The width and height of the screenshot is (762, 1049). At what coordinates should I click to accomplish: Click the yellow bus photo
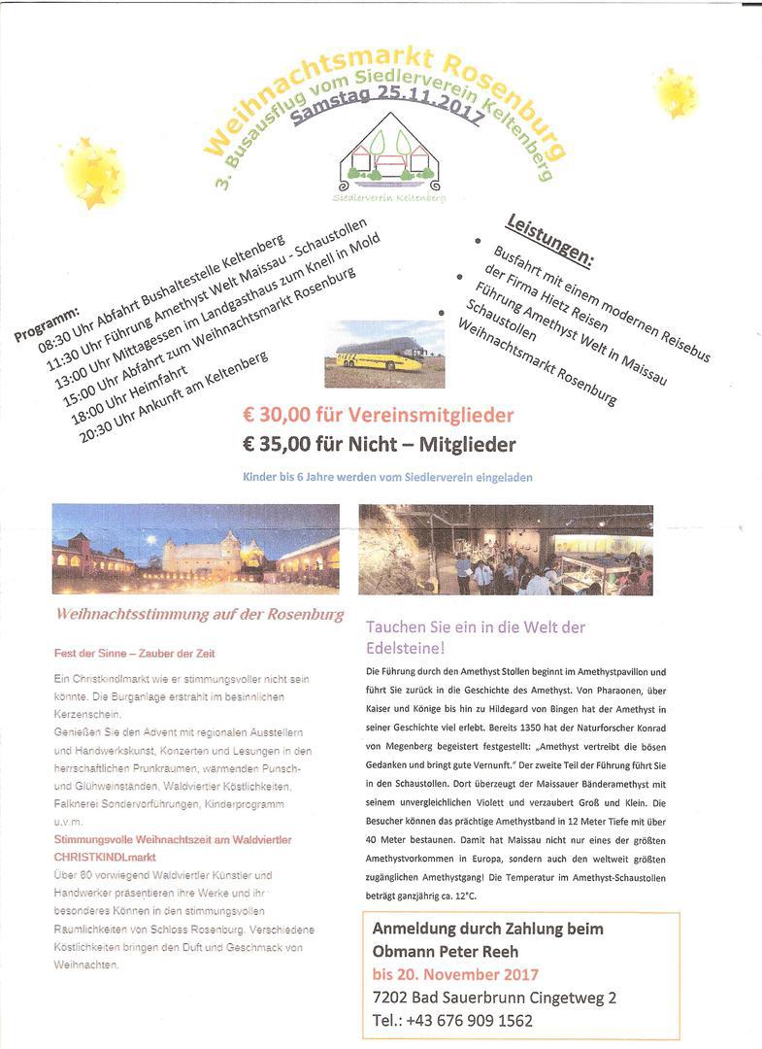point(383,355)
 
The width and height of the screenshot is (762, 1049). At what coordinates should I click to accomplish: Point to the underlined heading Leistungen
point(550,238)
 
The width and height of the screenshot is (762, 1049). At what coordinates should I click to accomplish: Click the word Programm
point(46,324)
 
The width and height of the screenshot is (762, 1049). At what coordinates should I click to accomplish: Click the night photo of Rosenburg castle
point(195,548)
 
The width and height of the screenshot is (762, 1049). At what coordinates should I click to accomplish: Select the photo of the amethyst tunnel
point(505,549)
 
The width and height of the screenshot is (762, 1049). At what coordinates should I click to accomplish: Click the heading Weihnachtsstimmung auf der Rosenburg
point(200,615)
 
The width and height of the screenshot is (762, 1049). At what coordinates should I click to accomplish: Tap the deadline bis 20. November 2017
point(455,973)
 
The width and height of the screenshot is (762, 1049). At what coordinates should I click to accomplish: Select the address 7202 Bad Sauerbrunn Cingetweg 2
point(494,997)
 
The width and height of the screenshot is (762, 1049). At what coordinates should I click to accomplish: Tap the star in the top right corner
point(676,92)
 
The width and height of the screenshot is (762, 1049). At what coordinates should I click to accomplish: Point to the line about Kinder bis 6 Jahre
point(387,477)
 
